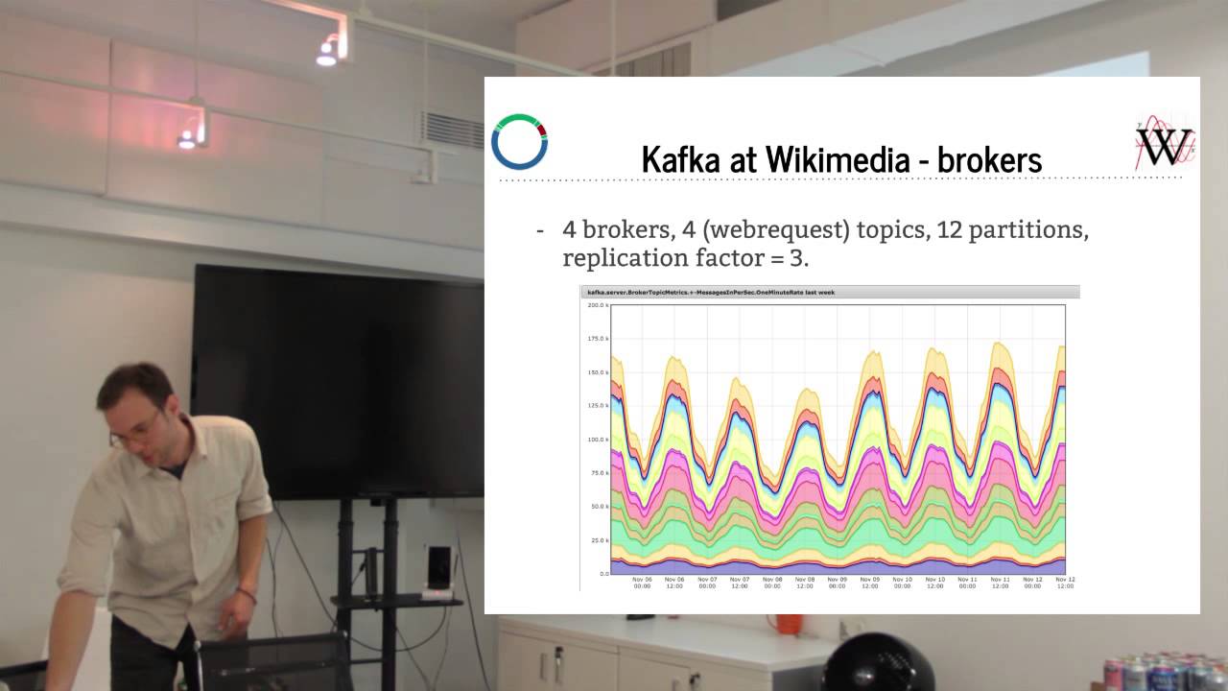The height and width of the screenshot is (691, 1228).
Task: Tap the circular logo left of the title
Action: click(519, 141)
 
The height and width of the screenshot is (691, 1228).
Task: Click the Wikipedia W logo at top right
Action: click(1165, 144)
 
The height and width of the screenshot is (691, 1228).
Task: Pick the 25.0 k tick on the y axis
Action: click(598, 540)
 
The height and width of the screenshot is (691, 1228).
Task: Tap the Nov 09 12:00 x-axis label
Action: click(869, 583)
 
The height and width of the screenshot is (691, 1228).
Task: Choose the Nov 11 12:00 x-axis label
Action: click(1000, 583)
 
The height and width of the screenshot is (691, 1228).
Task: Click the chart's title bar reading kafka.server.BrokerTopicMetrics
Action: click(829, 292)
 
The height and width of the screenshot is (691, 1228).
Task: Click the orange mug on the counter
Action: click(789, 623)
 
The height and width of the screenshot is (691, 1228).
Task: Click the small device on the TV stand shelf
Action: click(438, 568)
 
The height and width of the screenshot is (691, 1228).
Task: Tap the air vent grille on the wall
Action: click(453, 130)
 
